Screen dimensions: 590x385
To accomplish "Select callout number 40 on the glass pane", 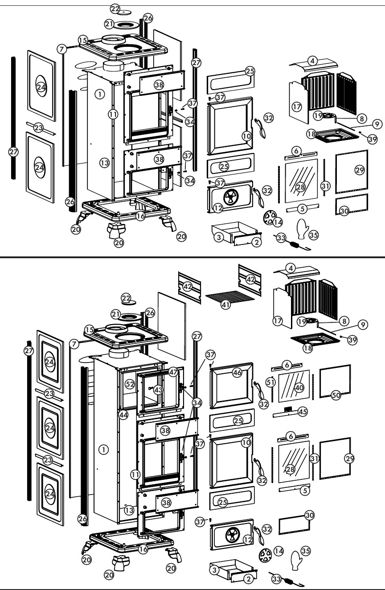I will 299,388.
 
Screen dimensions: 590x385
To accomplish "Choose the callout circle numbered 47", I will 173,372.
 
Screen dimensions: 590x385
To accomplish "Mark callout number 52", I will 130,384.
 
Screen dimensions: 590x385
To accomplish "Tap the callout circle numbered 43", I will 158,389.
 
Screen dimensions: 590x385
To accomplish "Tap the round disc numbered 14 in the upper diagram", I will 269,218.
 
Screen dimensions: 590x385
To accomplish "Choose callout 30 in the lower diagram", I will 309,515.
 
